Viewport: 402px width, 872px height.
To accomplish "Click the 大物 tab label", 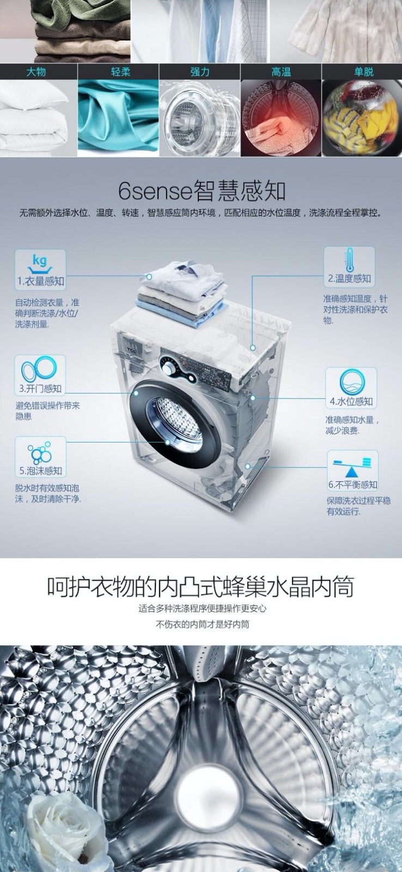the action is [x=36, y=71].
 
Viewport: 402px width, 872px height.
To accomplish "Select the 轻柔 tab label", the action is [x=120, y=71].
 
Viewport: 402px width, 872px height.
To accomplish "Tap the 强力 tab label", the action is [x=199, y=71].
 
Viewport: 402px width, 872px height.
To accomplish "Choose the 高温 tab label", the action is [x=281, y=71].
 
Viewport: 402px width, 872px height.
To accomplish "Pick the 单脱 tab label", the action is [x=363, y=71].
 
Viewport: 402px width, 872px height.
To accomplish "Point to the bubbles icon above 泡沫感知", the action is [x=40, y=452].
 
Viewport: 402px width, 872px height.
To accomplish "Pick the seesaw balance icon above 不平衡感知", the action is [x=352, y=467].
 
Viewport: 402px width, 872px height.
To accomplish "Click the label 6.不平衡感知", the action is [x=352, y=485].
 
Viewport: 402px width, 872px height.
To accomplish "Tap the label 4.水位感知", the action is [x=351, y=401].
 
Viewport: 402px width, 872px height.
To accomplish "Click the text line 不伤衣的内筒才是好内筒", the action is [x=203, y=625].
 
